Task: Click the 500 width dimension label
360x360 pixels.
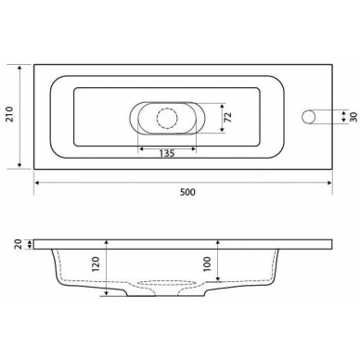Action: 187,192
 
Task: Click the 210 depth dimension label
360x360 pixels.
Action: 10,114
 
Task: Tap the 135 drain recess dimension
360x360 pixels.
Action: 167,153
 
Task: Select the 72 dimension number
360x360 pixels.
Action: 228,117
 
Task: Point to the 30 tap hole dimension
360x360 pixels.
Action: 354,117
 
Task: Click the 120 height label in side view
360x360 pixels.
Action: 96,264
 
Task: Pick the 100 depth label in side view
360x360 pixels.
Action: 208,264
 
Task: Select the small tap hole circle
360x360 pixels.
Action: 308,117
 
